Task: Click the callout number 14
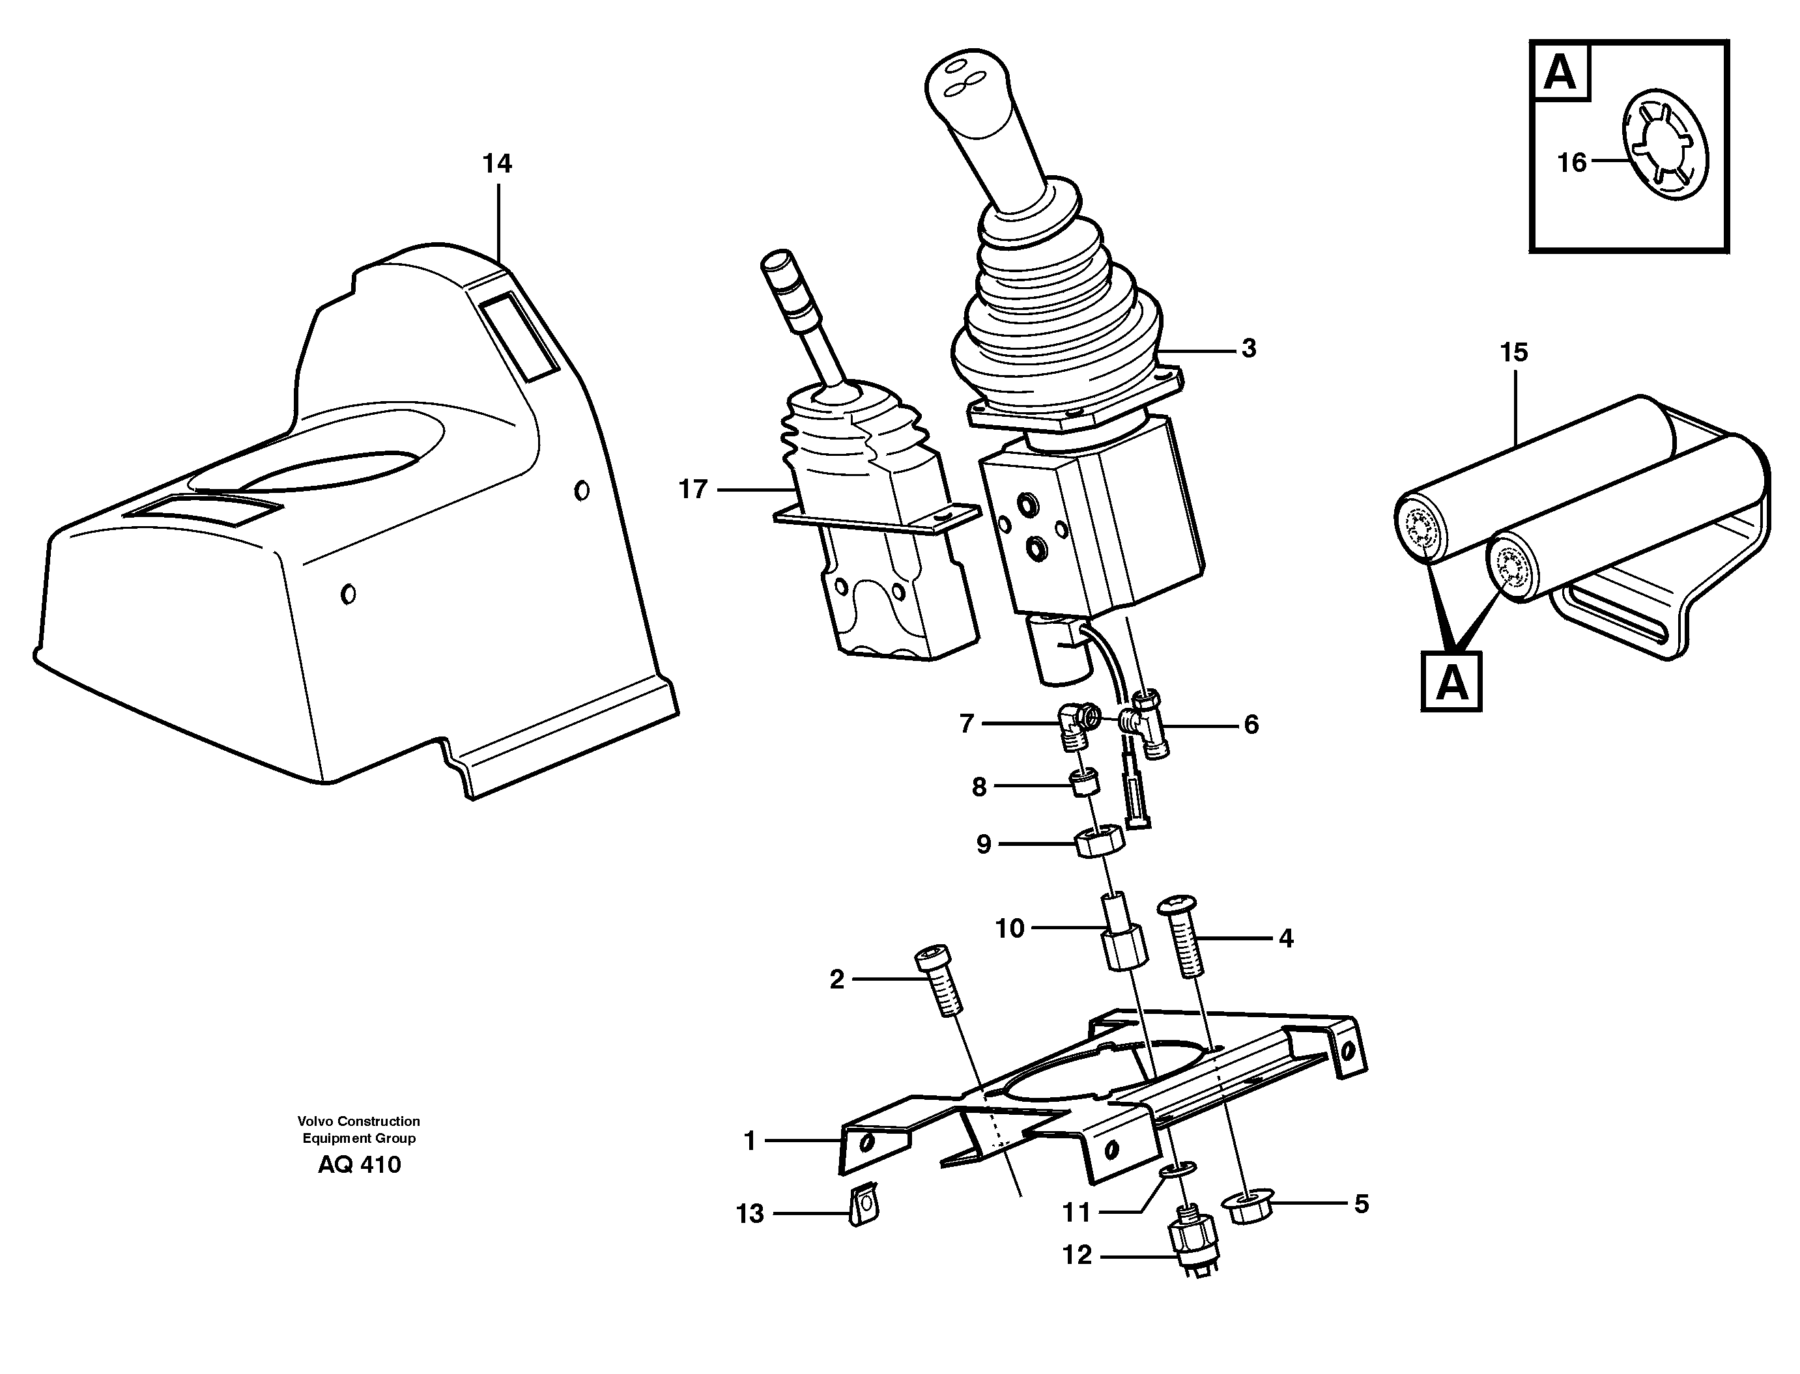click(x=496, y=164)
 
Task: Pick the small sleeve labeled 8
click(x=1085, y=787)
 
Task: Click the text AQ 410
click(x=359, y=1164)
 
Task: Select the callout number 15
click(x=1513, y=354)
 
